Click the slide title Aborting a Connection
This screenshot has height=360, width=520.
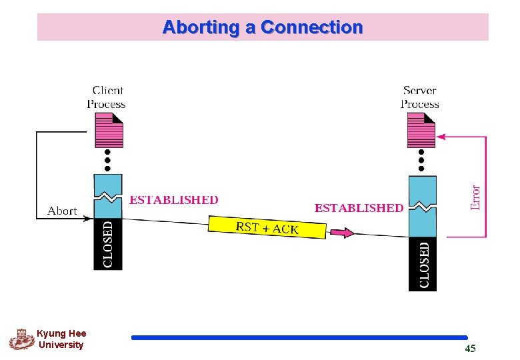coord(262,27)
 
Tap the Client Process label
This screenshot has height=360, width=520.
coord(107,97)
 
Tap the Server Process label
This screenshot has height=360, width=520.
coord(419,97)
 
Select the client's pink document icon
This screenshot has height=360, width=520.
coord(109,130)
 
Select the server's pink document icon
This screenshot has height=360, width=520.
coord(421,130)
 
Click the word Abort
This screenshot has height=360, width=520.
coord(62,211)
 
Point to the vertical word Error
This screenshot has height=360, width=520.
coord(475,197)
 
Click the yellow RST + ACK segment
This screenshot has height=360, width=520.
coord(267,227)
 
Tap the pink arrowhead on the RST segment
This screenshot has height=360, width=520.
coord(341,233)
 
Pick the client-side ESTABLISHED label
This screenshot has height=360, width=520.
coord(173,200)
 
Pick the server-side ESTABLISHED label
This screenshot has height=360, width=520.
coord(359,208)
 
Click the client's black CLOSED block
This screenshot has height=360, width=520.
coord(108,244)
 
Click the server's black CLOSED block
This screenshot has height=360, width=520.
coord(423,264)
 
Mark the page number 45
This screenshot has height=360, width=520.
coord(470,349)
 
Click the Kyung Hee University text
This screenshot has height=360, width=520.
coord(61,339)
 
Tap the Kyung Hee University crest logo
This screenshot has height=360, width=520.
coord(21,339)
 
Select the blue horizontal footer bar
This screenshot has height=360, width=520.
coord(299,337)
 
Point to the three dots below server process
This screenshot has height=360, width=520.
coord(421,160)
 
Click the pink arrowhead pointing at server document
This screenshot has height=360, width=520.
coord(441,137)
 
